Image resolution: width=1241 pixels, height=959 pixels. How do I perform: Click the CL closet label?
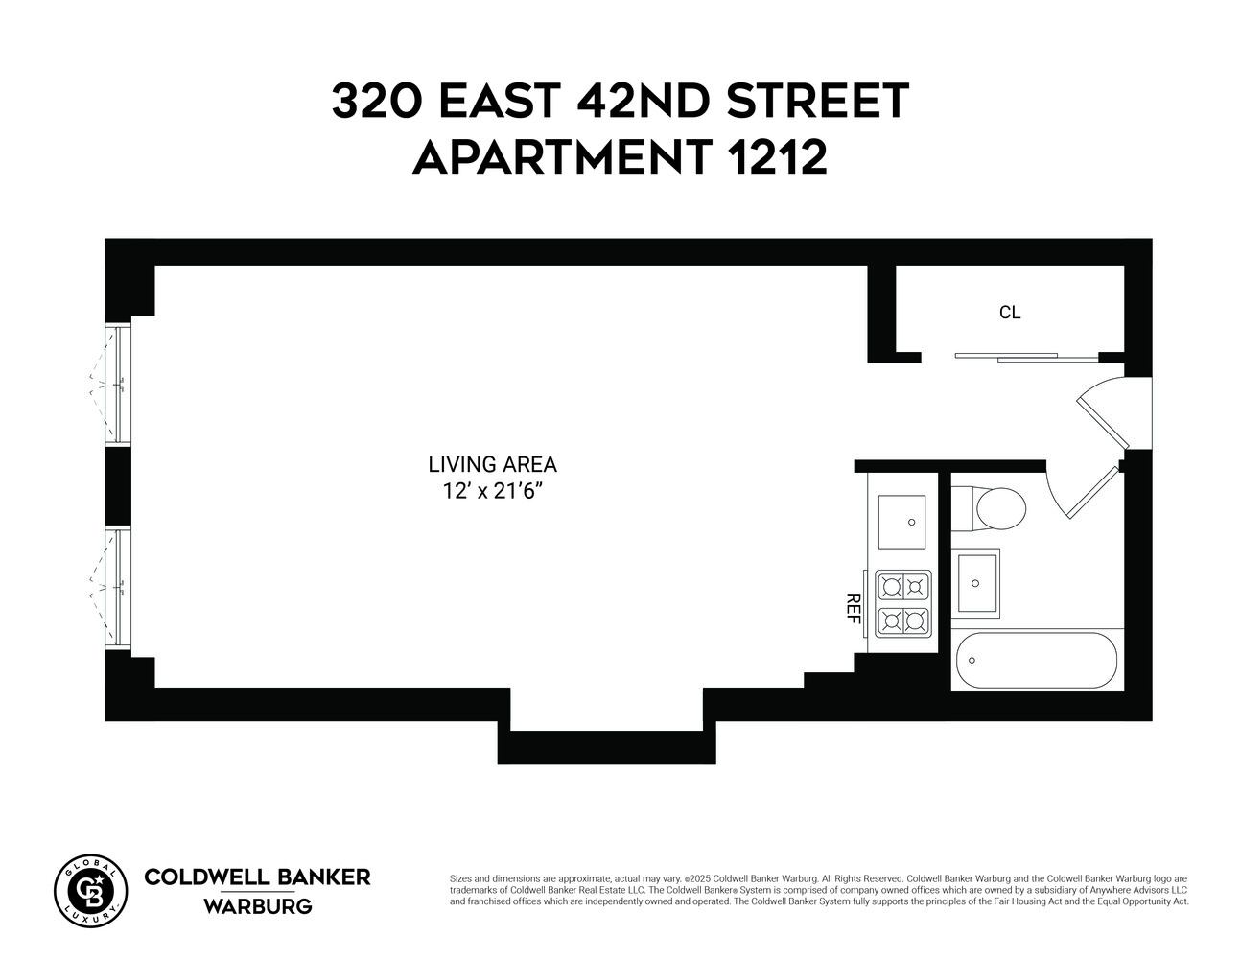click(x=1009, y=313)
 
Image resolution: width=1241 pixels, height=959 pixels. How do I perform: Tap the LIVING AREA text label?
click(x=492, y=465)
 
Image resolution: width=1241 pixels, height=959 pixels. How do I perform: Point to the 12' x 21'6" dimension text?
click(x=492, y=491)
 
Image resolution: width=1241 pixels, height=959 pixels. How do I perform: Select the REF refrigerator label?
click(x=851, y=608)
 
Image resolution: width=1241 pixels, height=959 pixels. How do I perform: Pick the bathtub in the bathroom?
click(x=1037, y=660)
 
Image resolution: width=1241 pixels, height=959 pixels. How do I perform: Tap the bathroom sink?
click(x=976, y=583)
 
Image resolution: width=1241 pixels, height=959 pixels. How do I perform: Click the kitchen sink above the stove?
click(x=902, y=523)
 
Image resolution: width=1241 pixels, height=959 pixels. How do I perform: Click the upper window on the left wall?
click(x=118, y=386)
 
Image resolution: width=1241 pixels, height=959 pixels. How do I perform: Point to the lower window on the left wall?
click(x=118, y=587)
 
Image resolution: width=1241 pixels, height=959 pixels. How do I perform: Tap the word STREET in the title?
click(x=816, y=102)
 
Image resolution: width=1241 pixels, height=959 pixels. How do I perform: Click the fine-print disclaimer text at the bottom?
click(x=819, y=890)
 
